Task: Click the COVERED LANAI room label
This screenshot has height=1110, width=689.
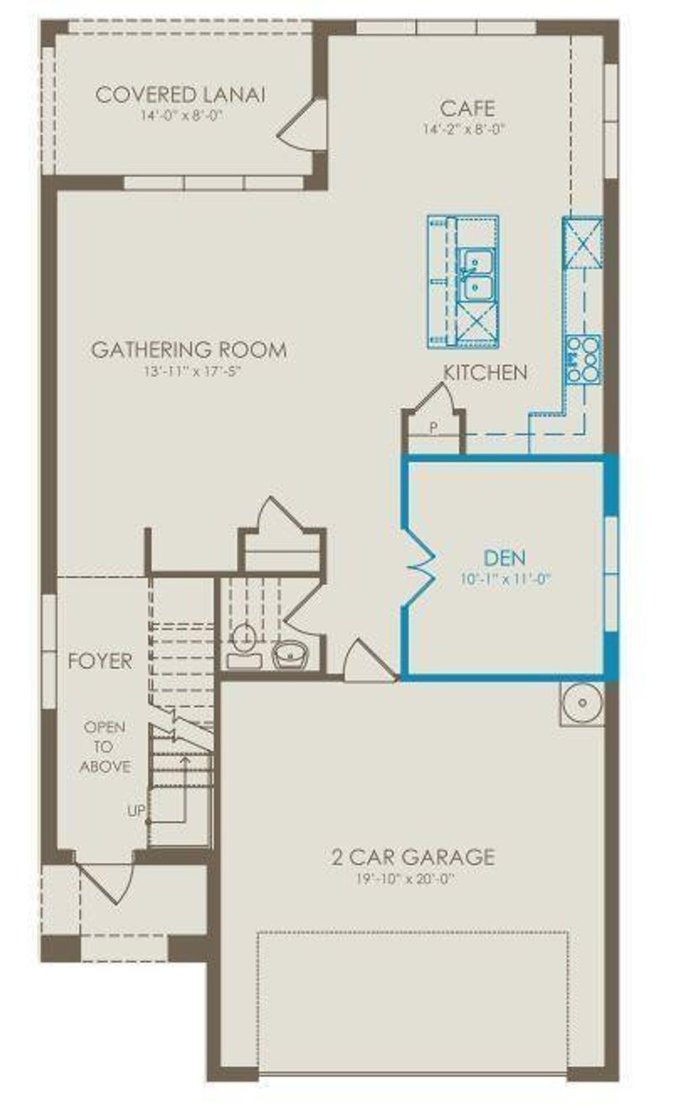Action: click(x=180, y=95)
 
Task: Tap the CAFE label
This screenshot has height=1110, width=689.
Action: click(x=467, y=108)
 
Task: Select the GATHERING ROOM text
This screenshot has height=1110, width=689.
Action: click(x=189, y=350)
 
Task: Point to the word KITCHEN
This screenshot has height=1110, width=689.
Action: click(x=485, y=372)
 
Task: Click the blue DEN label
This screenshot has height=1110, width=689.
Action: click(x=505, y=557)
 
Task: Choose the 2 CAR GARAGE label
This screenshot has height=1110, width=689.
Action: click(x=412, y=857)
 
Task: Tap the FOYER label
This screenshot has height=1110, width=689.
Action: click(x=100, y=661)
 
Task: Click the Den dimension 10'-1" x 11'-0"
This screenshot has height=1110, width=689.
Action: click(x=506, y=579)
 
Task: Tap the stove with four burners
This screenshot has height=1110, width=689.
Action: click(x=582, y=359)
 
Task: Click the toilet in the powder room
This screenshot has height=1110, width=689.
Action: click(x=244, y=642)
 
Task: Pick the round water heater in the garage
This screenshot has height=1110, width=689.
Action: click(x=582, y=704)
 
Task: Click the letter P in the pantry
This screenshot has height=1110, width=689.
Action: click(x=433, y=426)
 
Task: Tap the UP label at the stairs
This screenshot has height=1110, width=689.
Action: click(x=136, y=811)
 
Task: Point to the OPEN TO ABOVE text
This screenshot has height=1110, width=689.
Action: click(x=104, y=746)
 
